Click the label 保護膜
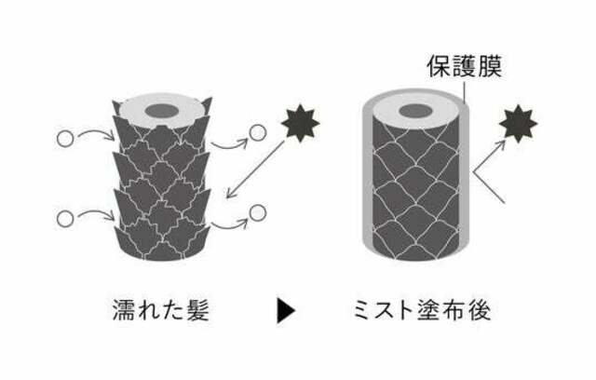(465, 66)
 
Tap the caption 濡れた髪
(161, 310)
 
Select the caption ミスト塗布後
(422, 310)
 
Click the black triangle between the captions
(286, 311)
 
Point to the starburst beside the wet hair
(300, 123)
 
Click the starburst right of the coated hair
(518, 124)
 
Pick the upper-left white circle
(65, 139)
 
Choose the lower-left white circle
(65, 219)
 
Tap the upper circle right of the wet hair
(257, 132)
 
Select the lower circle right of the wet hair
(258, 212)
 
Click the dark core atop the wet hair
(162, 111)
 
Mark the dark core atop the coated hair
(416, 112)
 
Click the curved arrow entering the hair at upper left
(96, 132)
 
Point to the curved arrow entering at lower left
(96, 212)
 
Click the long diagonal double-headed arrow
(255, 170)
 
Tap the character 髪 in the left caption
(197, 310)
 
